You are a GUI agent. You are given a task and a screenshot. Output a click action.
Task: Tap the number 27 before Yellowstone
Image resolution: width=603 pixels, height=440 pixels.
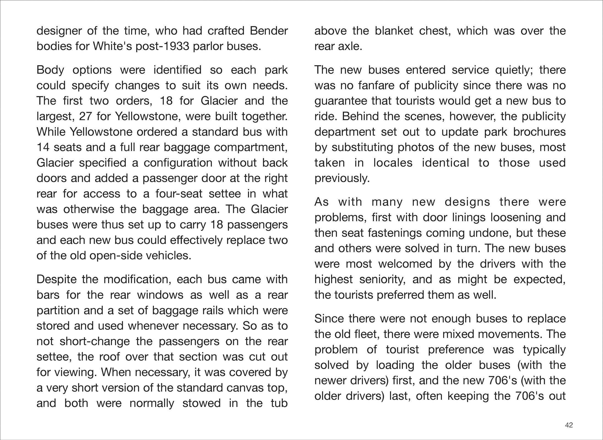pos(86,117)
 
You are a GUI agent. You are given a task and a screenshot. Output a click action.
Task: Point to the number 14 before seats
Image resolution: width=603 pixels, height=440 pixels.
pos(43,148)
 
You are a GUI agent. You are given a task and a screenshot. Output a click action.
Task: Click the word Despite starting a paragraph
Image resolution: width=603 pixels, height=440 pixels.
pos(56,280)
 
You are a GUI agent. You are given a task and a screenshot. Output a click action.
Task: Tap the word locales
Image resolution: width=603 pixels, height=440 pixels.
pos(393,163)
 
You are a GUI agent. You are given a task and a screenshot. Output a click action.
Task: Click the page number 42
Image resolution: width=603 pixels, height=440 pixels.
pos(569,425)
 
